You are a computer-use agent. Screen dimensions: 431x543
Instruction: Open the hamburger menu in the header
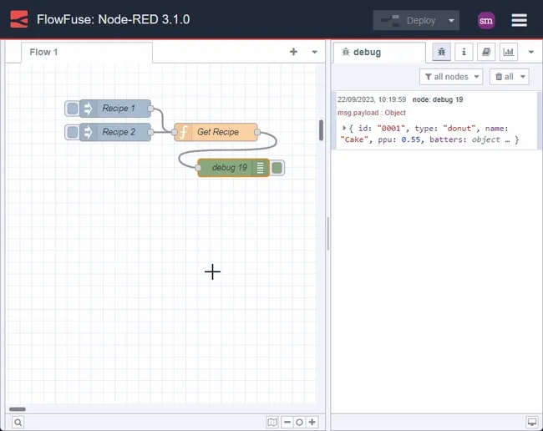click(x=519, y=21)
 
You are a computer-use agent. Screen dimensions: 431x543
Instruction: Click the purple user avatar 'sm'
click(x=486, y=21)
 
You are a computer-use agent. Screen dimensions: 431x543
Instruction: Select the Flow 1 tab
click(x=44, y=52)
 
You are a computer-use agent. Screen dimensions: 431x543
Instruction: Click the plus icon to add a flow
click(x=293, y=52)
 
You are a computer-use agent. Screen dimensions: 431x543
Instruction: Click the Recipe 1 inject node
click(x=116, y=109)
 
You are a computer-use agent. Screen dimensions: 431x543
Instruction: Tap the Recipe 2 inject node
click(x=116, y=132)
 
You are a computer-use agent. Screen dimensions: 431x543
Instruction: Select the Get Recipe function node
click(x=217, y=132)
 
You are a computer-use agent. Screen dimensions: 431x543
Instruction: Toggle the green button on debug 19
click(x=277, y=168)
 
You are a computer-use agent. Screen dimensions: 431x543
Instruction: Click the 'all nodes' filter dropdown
click(x=451, y=77)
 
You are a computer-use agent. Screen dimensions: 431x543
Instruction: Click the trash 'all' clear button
click(x=510, y=77)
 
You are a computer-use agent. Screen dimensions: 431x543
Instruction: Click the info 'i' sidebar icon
click(x=464, y=52)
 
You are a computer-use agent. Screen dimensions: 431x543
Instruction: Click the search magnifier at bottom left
click(x=18, y=423)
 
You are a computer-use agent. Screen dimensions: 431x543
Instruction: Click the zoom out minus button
click(x=287, y=423)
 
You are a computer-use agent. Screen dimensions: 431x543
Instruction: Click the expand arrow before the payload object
click(x=344, y=128)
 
